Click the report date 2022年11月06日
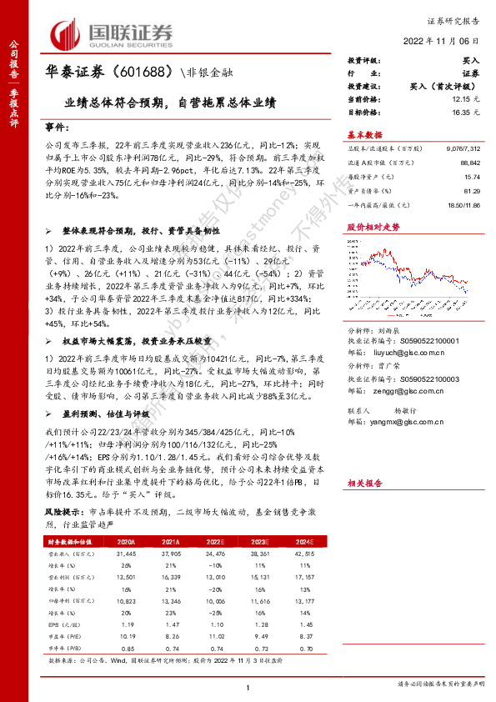pyautogui.click(x=443, y=40)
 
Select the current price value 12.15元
pyautogui.click(x=463, y=98)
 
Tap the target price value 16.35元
pyautogui.click(x=463, y=110)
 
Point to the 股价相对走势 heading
pyautogui.click(x=373, y=226)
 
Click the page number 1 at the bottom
pyautogui.click(x=248, y=685)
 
